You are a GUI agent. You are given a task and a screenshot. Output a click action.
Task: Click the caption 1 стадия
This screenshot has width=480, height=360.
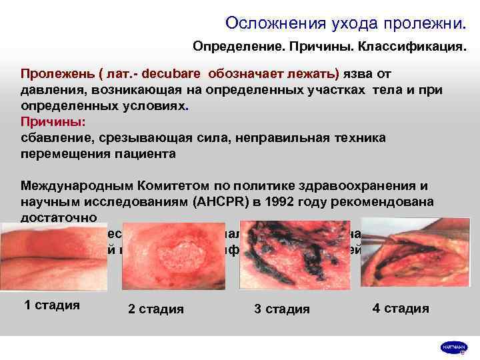(x=52, y=305)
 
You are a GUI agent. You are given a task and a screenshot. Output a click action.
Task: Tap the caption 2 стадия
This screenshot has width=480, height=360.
(x=156, y=309)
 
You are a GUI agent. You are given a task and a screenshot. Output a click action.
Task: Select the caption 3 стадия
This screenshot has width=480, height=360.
(x=282, y=309)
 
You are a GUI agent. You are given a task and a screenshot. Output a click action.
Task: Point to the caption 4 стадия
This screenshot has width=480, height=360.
(x=401, y=308)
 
